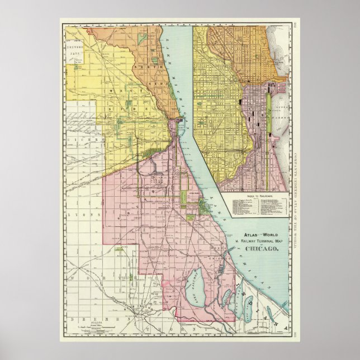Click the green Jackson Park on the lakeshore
point(207,208)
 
